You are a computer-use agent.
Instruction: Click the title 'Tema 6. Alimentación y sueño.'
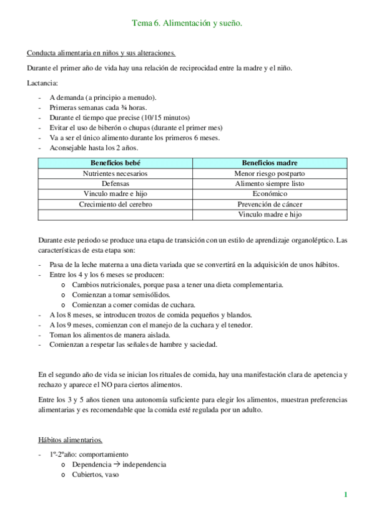(x=187, y=23)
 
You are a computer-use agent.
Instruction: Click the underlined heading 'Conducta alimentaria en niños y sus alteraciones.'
(x=101, y=53)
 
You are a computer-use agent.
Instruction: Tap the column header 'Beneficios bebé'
(x=116, y=163)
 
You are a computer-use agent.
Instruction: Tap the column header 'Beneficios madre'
(x=270, y=163)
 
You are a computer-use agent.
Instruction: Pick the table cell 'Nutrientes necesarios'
(x=116, y=173)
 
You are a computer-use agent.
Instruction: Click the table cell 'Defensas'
(x=116, y=183)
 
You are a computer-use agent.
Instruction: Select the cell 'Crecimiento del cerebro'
(x=116, y=204)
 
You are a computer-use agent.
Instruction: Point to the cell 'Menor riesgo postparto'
(x=270, y=173)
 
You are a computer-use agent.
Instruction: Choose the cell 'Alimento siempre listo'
(x=270, y=183)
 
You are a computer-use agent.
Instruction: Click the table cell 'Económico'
(x=270, y=194)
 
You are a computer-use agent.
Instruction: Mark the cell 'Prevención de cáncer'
(x=270, y=204)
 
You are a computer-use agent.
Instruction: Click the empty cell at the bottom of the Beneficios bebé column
(x=116, y=215)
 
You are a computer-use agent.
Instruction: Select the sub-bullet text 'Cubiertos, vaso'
(x=95, y=474)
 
